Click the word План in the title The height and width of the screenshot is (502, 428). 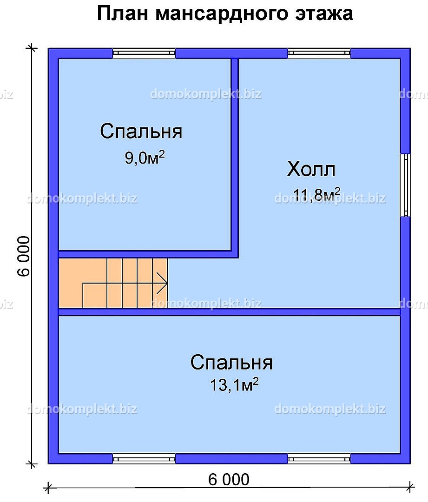point(123,14)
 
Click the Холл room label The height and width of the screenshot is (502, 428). point(311,169)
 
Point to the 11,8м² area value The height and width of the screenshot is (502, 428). point(316,195)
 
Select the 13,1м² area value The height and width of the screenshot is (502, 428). point(234,384)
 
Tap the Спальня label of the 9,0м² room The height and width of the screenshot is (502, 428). point(141,131)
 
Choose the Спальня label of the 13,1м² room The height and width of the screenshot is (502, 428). point(231,363)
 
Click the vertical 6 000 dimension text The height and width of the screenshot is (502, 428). point(24,256)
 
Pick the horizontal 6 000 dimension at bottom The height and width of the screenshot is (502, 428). point(229,479)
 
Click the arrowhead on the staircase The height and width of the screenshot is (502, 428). point(162,284)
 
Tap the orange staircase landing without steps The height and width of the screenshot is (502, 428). point(83,284)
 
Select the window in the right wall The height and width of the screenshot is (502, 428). point(405,185)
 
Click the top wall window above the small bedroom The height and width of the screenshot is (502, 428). point(144,53)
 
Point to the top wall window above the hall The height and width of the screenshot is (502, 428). point(319,53)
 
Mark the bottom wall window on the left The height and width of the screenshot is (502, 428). point(144,458)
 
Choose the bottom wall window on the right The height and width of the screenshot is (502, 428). point(319,458)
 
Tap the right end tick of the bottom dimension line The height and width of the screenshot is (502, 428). point(410,488)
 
